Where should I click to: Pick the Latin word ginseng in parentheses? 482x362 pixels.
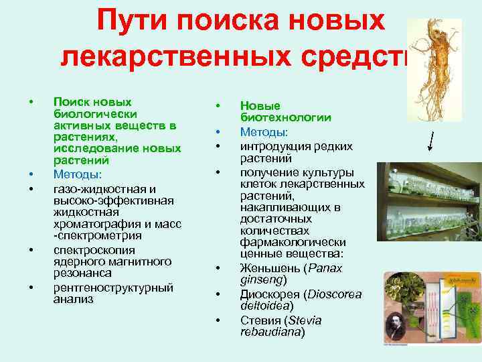(262, 280)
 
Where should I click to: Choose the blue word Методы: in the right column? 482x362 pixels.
(263, 131)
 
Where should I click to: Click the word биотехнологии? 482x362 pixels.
(286, 117)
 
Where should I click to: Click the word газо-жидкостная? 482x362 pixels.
(92, 188)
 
